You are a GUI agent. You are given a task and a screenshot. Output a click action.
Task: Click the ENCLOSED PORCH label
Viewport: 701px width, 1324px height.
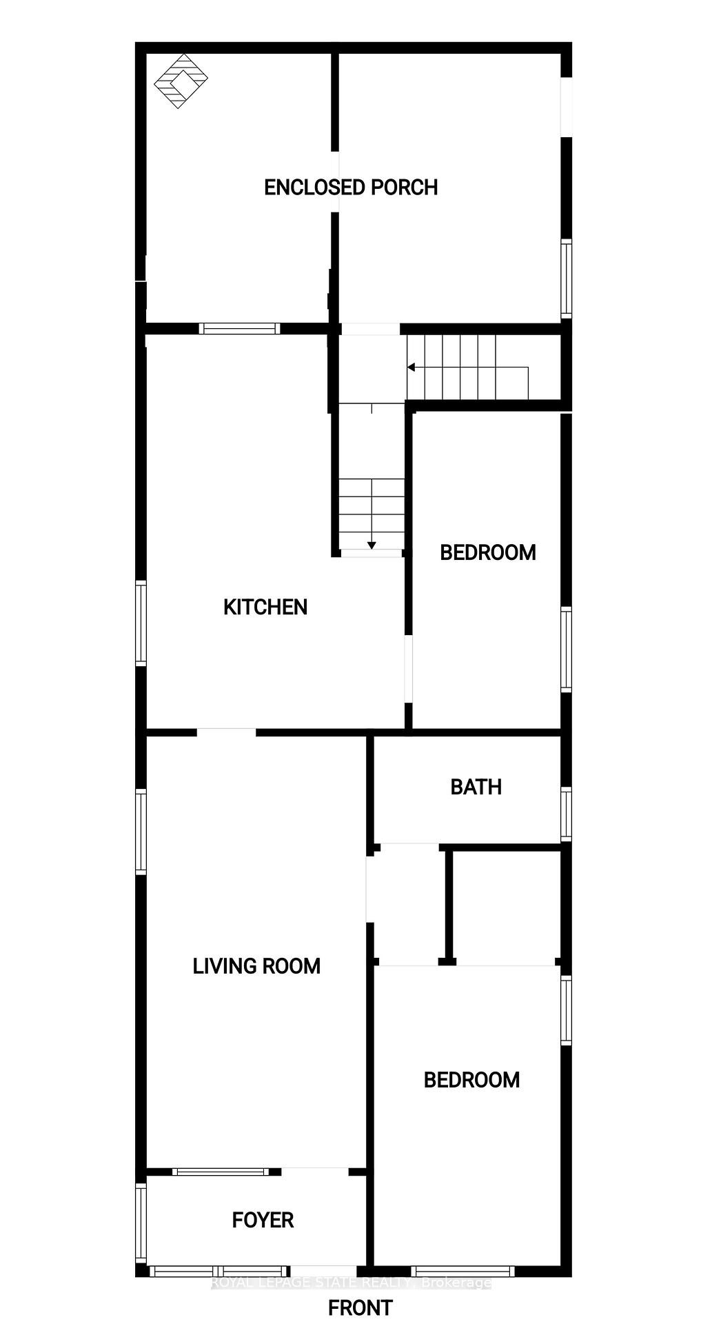[x=351, y=188]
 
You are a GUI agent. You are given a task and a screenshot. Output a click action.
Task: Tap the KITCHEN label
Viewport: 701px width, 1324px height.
[x=265, y=607]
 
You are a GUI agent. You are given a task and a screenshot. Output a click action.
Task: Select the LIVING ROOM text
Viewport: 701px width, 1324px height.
[x=256, y=966]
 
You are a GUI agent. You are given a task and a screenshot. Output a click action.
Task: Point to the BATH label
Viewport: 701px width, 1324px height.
[x=476, y=787]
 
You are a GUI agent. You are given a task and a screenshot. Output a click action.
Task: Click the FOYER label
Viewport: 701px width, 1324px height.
[x=263, y=1220]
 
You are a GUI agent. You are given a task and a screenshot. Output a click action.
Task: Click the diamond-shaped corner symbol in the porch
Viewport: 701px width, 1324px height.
[x=181, y=81]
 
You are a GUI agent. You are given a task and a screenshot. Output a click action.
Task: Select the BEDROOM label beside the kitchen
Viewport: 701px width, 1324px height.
[x=488, y=552]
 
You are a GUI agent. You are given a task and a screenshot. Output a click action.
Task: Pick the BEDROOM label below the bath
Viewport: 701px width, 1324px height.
[x=471, y=1080]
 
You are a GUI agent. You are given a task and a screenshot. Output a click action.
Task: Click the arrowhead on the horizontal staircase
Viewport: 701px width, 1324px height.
[x=412, y=368]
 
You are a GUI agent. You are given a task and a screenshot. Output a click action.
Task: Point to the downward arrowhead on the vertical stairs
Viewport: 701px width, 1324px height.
[x=372, y=545]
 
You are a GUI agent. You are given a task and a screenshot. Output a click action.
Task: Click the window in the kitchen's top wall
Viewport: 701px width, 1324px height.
[x=240, y=328]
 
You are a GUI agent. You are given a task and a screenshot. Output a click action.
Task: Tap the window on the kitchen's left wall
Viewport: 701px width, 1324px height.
[x=141, y=623]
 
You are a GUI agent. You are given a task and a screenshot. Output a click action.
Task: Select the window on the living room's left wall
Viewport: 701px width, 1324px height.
[x=141, y=832]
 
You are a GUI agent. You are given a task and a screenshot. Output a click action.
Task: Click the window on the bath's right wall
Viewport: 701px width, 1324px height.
[x=566, y=814]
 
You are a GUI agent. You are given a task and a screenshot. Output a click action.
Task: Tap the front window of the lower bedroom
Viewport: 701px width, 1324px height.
[x=463, y=1271]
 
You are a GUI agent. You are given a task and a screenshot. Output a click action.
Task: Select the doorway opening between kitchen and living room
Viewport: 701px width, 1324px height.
[x=227, y=732]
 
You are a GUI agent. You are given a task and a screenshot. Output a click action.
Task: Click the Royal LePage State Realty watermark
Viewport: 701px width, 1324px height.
[x=351, y=1283]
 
